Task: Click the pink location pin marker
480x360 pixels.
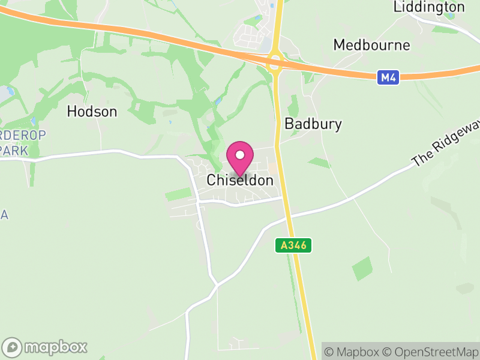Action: pos(240,158)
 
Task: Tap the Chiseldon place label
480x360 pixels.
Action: pos(240,180)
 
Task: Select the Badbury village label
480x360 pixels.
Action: pos(313,124)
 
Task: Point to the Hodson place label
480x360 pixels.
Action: pos(92,111)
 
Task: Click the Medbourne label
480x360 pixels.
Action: pos(371,45)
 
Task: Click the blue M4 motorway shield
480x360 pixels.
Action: pos(388,77)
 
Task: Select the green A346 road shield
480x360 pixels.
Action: pos(293,245)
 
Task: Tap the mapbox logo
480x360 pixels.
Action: pos(45,347)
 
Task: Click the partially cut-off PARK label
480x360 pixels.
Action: pos(14,150)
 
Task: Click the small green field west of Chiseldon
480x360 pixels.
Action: pos(178,194)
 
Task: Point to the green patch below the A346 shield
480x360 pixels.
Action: pos(362,269)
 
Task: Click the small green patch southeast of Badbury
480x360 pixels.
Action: pos(319,163)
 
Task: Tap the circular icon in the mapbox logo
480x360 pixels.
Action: pos(12,347)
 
